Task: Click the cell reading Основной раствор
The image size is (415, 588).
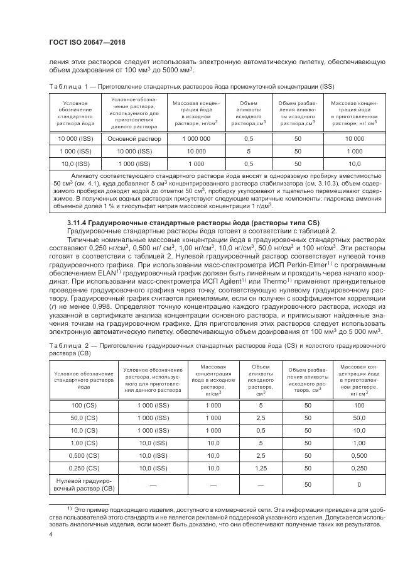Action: click(135, 138)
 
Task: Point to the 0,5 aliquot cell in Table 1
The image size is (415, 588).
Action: click(248, 138)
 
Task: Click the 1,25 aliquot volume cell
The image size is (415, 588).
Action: click(260, 468)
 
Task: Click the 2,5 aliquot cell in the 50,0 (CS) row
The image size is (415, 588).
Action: click(260, 418)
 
